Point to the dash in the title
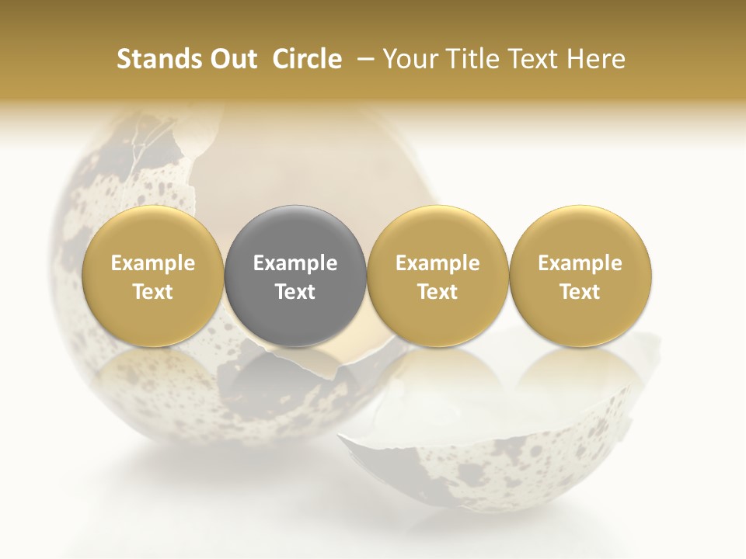click(x=362, y=59)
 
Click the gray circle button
click(x=295, y=276)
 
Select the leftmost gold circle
click(x=152, y=276)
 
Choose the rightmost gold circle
click(x=580, y=276)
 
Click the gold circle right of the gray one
click(x=437, y=276)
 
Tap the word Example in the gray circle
click(x=295, y=263)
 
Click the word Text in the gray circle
click(x=295, y=292)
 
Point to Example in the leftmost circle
click(x=152, y=263)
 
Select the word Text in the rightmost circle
click(x=580, y=292)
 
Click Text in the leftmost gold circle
click(x=152, y=292)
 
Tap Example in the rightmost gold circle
click(x=580, y=263)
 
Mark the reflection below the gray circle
click(x=295, y=373)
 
